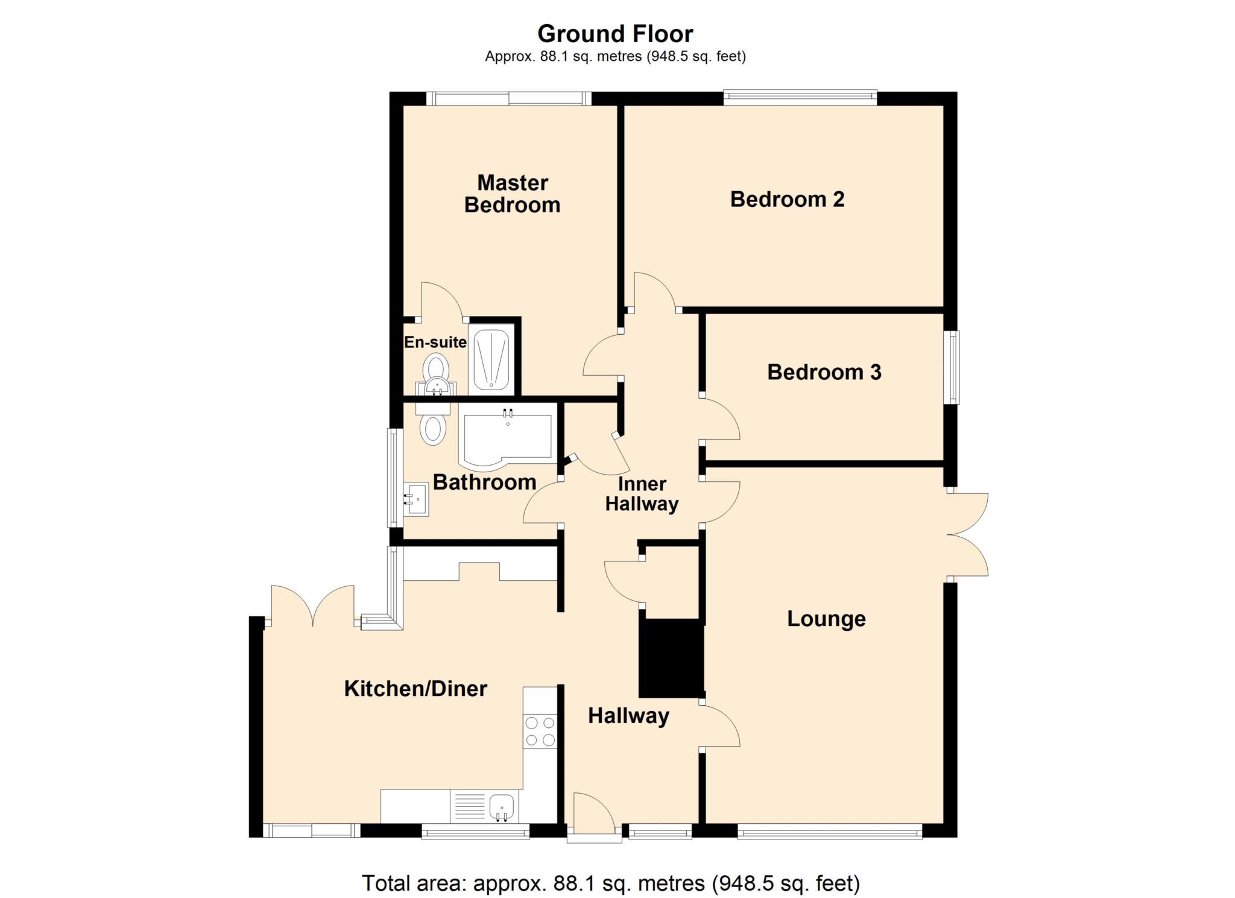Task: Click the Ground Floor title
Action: [615, 34]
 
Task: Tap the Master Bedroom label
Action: [512, 194]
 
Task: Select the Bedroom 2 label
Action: [787, 199]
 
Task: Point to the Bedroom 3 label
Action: [824, 372]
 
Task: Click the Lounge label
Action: [826, 618]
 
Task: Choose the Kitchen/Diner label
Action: [415, 688]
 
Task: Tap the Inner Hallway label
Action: [642, 493]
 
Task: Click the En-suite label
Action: [435, 342]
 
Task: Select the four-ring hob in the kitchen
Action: [540, 731]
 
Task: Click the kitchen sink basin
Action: [501, 806]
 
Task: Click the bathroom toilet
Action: [433, 425]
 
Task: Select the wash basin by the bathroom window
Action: [415, 499]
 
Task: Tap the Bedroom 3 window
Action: [952, 367]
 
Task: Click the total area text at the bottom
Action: [610, 883]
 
